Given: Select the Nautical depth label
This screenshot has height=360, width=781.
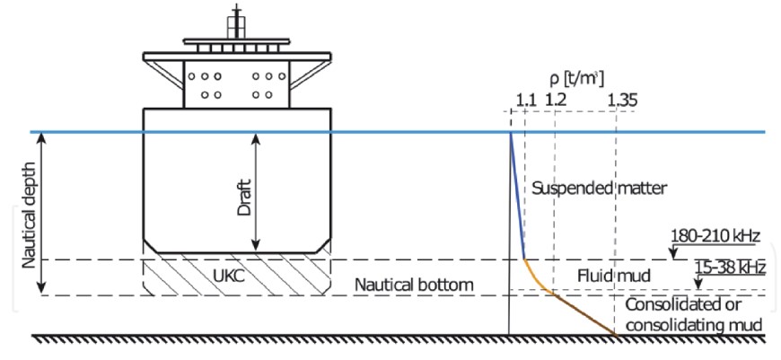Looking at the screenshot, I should pos(19,214).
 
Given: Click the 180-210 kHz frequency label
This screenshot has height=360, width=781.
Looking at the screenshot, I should pos(715,237).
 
